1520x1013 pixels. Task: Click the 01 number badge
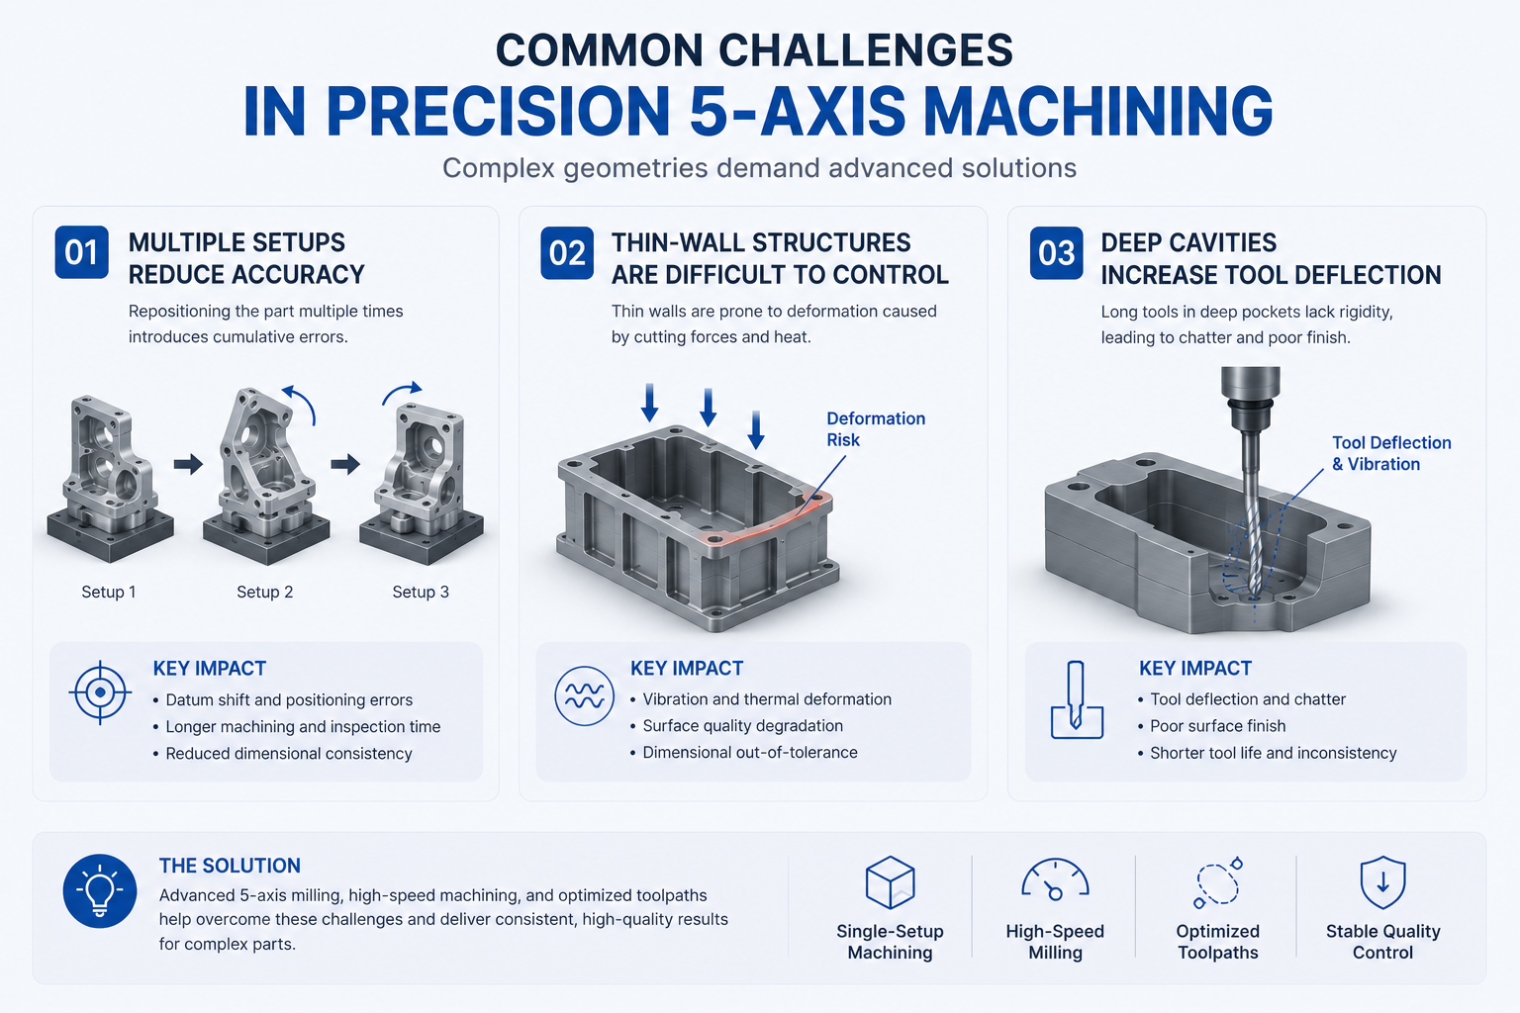click(x=81, y=252)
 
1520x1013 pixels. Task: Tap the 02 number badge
click(x=567, y=253)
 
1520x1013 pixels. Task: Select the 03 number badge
click(x=1056, y=253)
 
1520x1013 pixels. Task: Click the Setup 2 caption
click(x=264, y=592)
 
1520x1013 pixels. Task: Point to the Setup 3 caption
click(x=421, y=592)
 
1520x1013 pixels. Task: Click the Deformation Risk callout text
click(x=876, y=428)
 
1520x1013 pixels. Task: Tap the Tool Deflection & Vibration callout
click(x=1391, y=453)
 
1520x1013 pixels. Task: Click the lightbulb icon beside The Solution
click(x=100, y=891)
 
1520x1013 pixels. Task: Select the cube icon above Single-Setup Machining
click(x=891, y=882)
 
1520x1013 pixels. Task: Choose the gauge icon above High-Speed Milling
click(x=1055, y=880)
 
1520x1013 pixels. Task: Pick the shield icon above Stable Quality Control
click(x=1382, y=882)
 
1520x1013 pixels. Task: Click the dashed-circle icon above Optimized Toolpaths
click(x=1217, y=882)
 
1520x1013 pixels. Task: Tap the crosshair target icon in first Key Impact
click(x=100, y=692)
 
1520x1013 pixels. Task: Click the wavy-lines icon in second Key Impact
click(x=584, y=696)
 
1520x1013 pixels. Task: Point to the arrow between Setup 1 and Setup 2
click(x=188, y=464)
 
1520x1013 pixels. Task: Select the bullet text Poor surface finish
click(x=1217, y=726)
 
